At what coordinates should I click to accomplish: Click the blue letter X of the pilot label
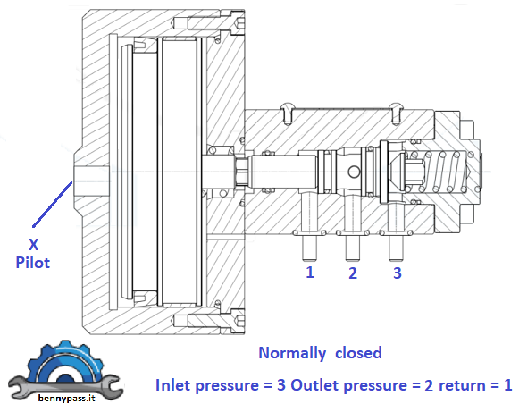point(34,245)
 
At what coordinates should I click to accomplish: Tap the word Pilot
point(34,263)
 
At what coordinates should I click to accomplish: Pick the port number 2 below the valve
point(353,273)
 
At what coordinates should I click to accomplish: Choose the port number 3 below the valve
point(397,272)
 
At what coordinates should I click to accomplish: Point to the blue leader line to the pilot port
point(51,202)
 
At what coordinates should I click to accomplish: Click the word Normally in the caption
point(290,353)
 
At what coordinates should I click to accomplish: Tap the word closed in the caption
point(358,353)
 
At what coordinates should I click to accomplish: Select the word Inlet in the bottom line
point(174,385)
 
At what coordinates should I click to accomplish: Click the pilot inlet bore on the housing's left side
point(90,170)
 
